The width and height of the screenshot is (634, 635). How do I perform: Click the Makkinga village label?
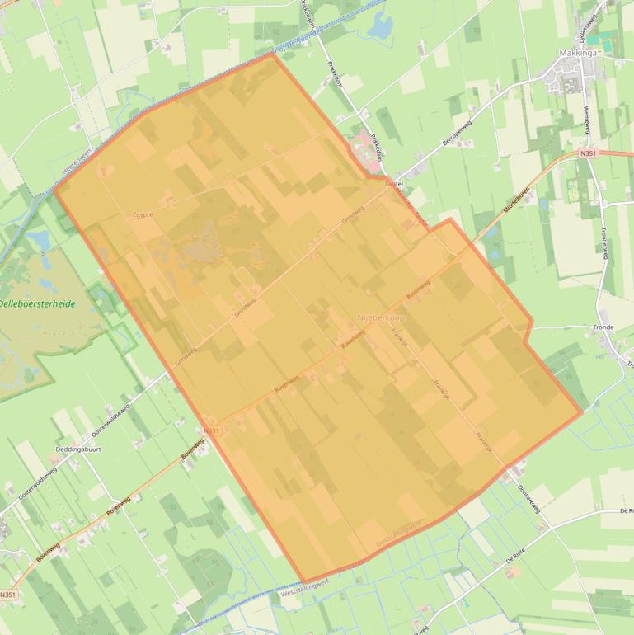[575, 51]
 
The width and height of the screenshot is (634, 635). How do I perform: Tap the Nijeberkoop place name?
[381, 317]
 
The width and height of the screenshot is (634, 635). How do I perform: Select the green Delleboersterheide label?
[37, 304]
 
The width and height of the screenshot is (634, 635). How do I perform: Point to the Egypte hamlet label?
[143, 214]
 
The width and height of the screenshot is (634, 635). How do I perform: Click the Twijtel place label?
[393, 181]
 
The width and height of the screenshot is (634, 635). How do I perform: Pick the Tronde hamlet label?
[603, 327]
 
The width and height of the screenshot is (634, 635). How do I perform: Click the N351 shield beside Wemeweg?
[588, 153]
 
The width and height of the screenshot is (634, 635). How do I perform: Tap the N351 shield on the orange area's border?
[211, 430]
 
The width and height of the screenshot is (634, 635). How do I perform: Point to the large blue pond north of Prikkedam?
[382, 28]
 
